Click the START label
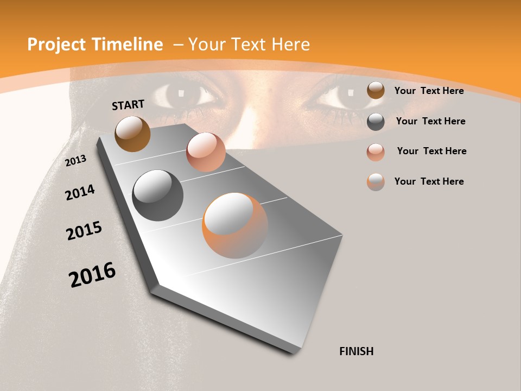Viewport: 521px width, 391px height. pos(128,105)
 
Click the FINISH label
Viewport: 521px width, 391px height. pos(357,351)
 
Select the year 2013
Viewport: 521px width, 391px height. pos(76,160)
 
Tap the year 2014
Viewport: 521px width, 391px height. pos(80,192)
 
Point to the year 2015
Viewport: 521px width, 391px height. pos(84,231)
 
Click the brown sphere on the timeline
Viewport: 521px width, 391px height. pos(133,134)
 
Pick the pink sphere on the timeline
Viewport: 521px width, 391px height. pos(206,152)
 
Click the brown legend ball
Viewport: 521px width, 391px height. pos(376,91)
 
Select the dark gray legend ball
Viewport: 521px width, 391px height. pos(376,122)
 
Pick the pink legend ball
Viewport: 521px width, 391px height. pos(376,152)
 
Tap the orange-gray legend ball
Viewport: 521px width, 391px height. pos(376,182)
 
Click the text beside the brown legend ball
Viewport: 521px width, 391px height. pos(429,91)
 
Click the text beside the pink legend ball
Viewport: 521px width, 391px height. pos(431,151)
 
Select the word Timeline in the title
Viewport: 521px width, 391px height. pos(128,45)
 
